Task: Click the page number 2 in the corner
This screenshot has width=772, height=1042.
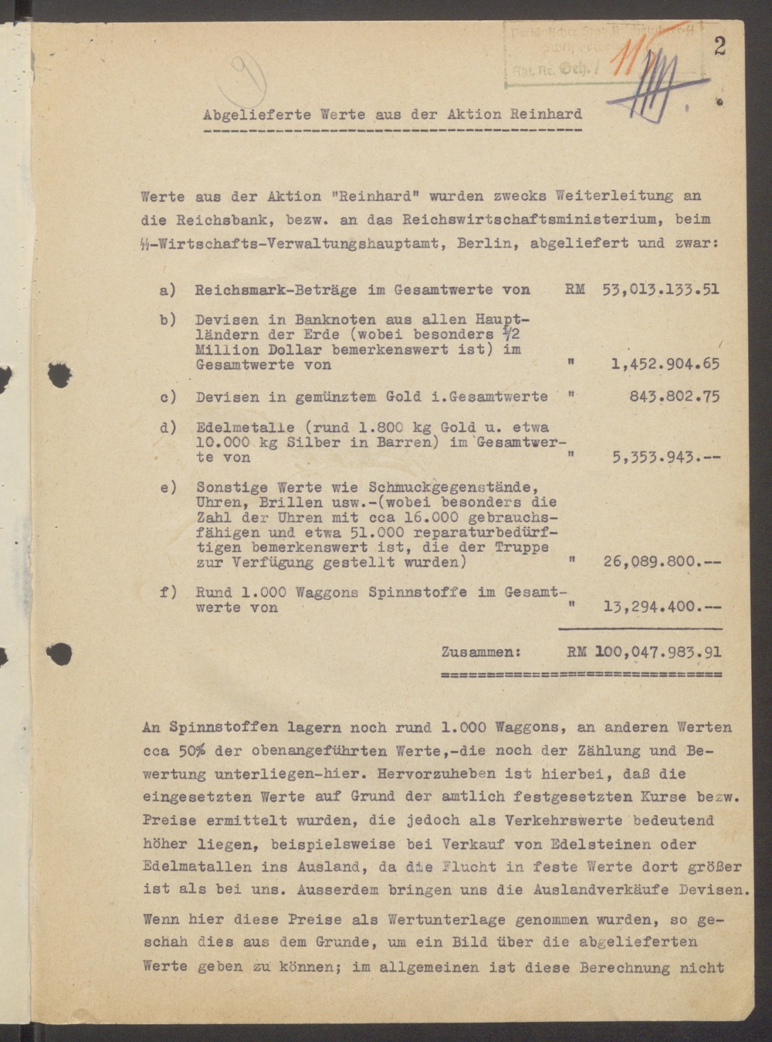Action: (720, 46)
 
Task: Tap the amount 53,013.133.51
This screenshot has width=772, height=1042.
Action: (660, 289)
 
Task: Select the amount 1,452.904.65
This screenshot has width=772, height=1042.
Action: (665, 364)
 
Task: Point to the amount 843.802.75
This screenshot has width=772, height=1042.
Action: (675, 397)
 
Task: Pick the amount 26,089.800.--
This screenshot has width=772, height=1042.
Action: (662, 562)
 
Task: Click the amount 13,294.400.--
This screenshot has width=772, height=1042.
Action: (662, 607)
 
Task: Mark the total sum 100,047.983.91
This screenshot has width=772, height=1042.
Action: (658, 652)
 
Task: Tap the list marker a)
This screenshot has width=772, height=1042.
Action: (168, 290)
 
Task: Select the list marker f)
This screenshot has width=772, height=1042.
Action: (168, 593)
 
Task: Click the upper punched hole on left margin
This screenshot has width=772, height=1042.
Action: (59, 375)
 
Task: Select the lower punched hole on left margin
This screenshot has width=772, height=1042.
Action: (59, 655)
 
